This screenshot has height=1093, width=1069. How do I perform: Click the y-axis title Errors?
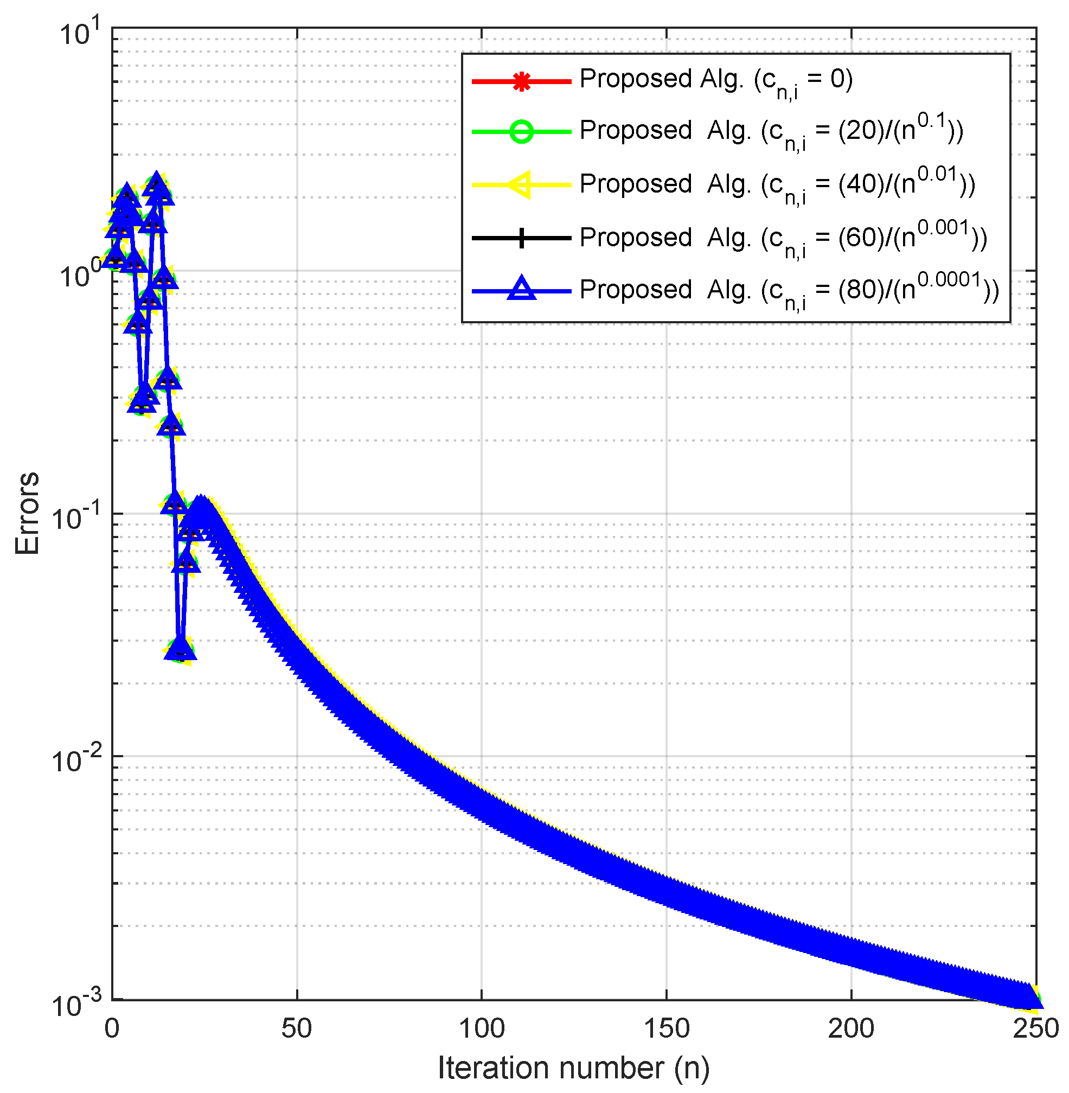point(27,513)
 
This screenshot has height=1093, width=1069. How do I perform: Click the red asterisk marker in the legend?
point(522,82)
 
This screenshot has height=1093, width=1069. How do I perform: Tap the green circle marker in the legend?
point(522,132)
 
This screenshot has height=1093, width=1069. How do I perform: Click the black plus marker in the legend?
point(522,238)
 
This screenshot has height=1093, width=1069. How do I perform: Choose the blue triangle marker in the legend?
point(522,289)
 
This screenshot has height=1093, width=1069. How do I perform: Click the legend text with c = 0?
point(716,81)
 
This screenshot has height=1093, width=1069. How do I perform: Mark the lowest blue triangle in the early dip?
point(180,649)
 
